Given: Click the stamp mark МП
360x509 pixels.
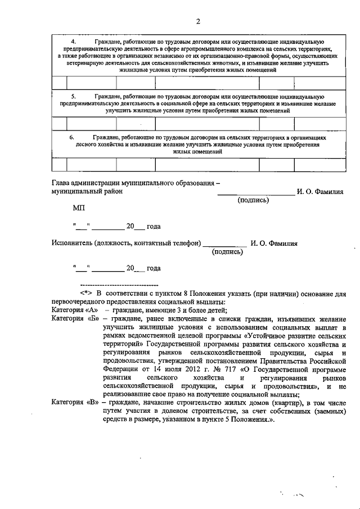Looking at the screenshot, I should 79,208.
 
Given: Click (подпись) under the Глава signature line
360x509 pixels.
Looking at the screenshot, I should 253,200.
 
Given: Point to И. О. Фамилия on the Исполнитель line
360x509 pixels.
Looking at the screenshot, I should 274,244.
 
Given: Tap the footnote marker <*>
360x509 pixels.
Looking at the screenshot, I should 86,292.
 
